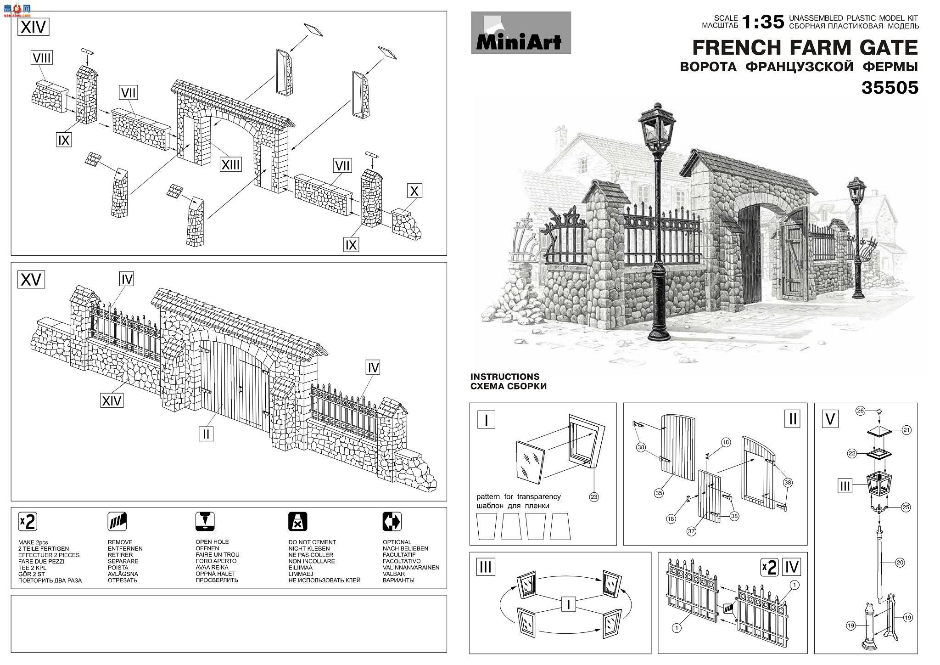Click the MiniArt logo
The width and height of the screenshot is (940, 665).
(x=521, y=33)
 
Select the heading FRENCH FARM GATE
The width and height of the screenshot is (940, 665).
(x=805, y=48)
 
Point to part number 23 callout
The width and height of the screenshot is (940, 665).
(x=594, y=497)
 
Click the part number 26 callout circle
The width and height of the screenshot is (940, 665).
(x=860, y=411)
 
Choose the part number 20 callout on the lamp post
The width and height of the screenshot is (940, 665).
(x=900, y=563)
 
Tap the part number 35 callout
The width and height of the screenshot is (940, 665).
(x=659, y=493)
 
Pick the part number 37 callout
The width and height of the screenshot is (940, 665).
(x=692, y=531)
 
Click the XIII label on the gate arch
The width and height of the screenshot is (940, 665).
(x=230, y=164)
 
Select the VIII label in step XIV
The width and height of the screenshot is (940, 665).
(x=42, y=58)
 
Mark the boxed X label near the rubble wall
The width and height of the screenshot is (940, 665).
(x=414, y=191)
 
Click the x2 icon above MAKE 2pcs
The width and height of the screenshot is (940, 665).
(x=27, y=522)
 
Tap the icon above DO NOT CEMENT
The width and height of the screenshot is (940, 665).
(x=297, y=522)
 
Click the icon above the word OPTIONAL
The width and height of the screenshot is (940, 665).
(x=392, y=522)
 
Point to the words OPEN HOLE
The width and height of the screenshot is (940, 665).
(x=212, y=542)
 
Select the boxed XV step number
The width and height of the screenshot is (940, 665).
(x=31, y=279)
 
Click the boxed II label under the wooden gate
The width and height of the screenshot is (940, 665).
(x=206, y=433)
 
